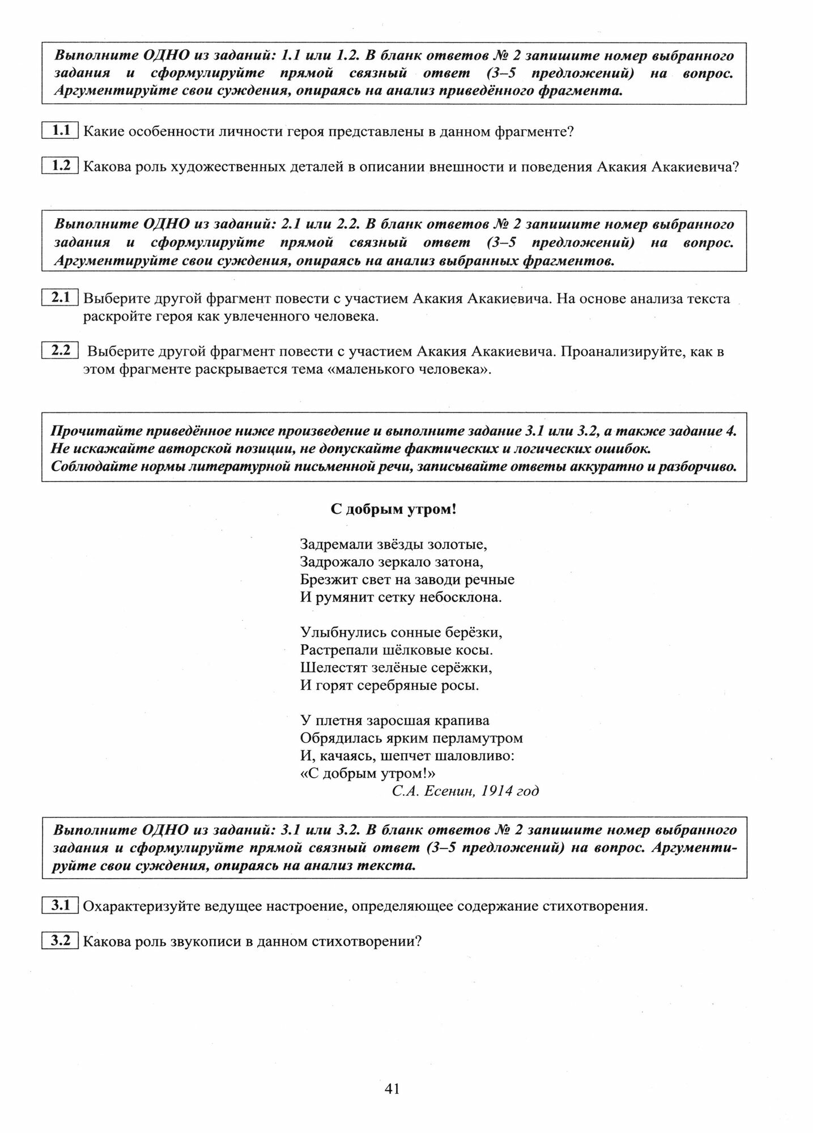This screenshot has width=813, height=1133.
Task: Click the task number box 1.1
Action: [60, 131]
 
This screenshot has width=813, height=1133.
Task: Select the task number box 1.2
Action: [60, 165]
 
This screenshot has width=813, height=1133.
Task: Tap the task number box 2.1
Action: [60, 297]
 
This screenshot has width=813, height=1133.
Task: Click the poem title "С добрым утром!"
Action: [394, 509]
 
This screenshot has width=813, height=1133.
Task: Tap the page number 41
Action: [392, 1088]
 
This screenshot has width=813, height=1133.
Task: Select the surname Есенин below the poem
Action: [448, 791]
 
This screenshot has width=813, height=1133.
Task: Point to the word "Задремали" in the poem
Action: [336, 544]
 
